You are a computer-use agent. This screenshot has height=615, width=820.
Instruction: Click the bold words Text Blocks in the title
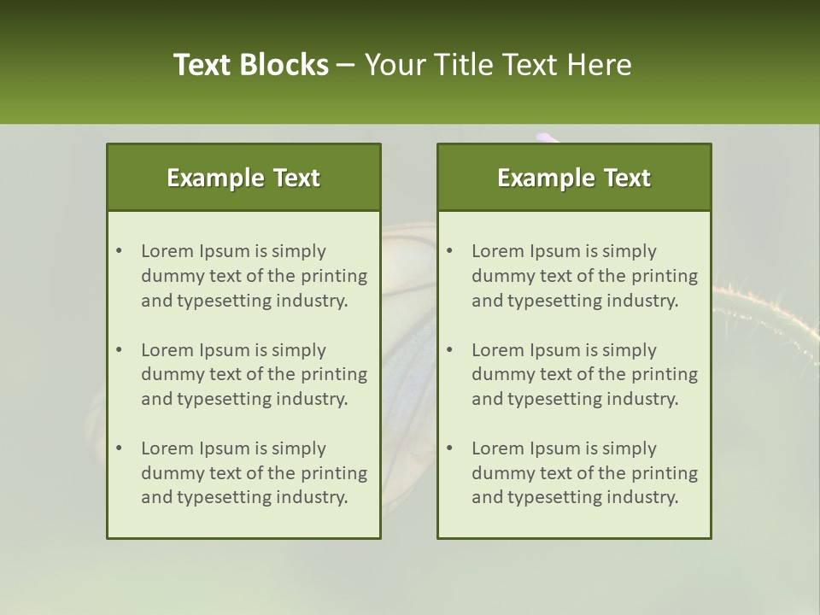point(250,65)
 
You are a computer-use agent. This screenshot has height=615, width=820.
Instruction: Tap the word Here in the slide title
point(601,65)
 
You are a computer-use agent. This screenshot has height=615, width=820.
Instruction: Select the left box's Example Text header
point(243,178)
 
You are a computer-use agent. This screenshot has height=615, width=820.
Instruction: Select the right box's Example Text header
point(574,178)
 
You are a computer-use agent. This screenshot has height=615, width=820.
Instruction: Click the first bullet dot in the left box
point(119,251)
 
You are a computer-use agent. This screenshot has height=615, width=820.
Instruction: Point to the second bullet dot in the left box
point(119,350)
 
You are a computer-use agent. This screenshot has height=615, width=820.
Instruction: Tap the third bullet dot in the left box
point(119,448)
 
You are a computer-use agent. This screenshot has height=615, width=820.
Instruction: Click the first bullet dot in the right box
point(449,251)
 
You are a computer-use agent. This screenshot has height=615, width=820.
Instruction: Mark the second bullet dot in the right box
point(449,350)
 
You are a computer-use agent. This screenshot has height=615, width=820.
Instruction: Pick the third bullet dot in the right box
point(449,448)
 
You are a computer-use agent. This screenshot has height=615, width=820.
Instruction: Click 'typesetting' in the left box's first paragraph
point(224,301)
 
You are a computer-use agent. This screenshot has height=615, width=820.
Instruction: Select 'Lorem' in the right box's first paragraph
point(497,251)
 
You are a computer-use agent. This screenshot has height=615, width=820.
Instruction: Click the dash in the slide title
point(346,65)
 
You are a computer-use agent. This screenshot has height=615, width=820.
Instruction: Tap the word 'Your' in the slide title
point(394,65)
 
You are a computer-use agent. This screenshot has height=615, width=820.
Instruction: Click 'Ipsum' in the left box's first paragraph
point(223,251)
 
